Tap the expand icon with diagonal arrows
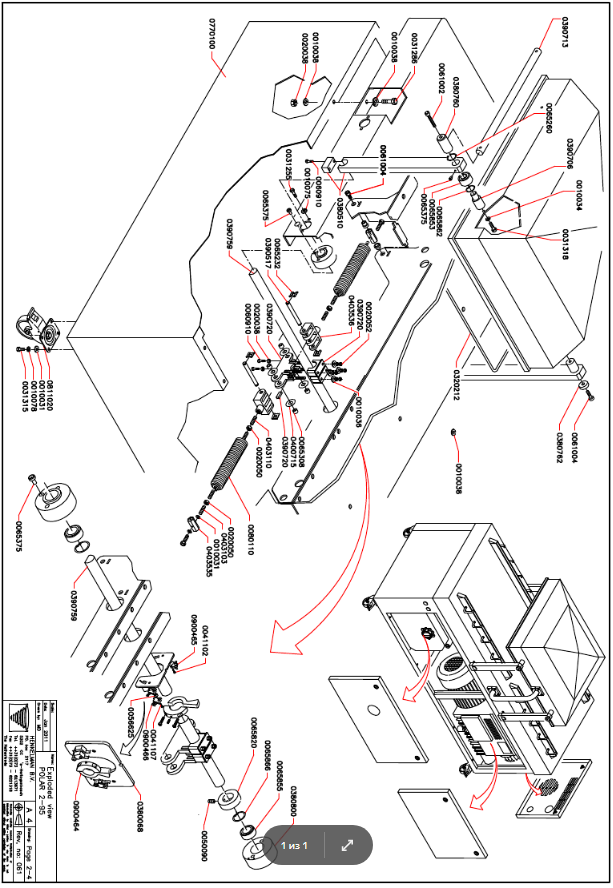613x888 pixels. (x=348, y=845)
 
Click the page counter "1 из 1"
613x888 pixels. (x=297, y=845)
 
